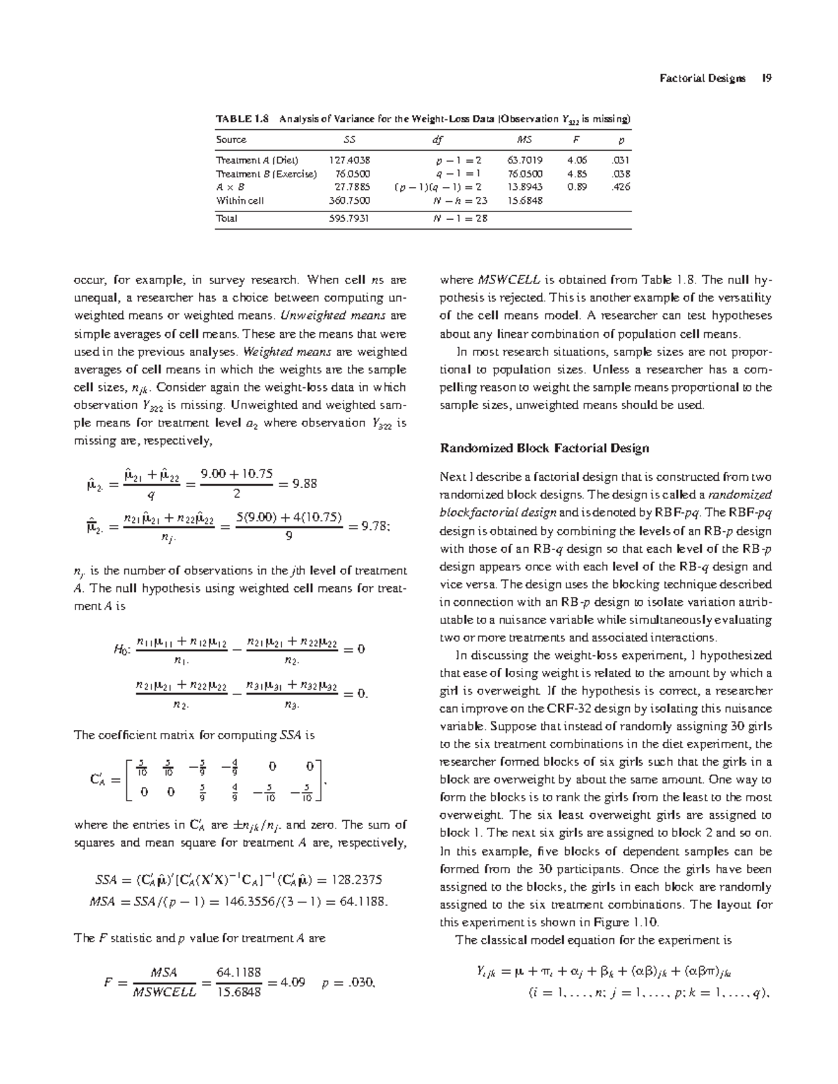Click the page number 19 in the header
(x=766, y=78)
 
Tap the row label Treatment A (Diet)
(x=258, y=160)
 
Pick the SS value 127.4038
(x=350, y=160)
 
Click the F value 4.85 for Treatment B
(x=577, y=173)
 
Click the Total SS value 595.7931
(x=350, y=218)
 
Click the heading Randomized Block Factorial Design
(x=544, y=448)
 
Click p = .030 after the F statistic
(x=350, y=983)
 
